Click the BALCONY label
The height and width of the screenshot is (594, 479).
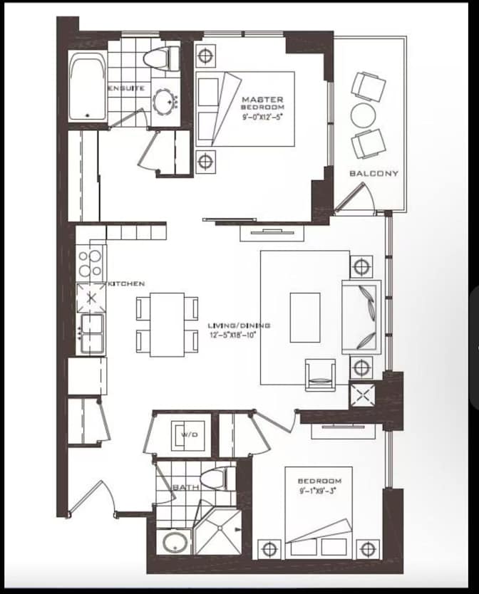374,173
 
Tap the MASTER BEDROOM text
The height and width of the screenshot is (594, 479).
262,104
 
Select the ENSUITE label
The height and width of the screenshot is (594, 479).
127,88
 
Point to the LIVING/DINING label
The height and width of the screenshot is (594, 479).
239,325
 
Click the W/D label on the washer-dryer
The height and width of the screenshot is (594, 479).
188,434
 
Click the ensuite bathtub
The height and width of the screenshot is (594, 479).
88,89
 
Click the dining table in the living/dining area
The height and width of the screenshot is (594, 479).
167,324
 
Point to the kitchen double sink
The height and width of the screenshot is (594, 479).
92,333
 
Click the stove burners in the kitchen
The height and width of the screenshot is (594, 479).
91,264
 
